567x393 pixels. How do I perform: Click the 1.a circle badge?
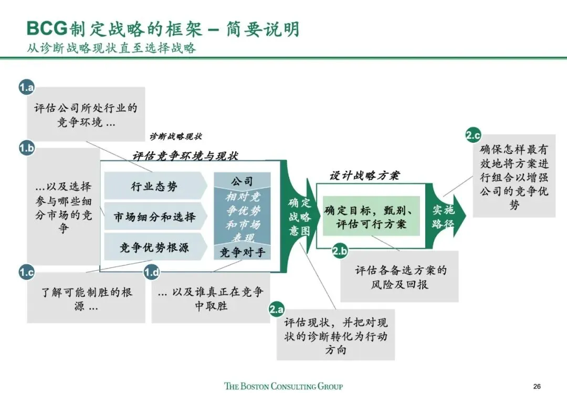pos(26,87)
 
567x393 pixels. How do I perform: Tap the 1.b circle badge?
pos(26,149)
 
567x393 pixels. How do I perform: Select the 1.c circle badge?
pos(26,272)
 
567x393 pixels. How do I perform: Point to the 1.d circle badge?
pos(152,272)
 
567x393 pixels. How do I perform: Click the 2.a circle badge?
pos(277,309)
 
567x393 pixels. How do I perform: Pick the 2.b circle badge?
pos(340,251)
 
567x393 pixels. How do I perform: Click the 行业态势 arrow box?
pos(154,186)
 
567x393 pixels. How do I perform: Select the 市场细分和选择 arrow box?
pos(154,216)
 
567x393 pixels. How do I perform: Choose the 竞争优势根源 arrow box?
pos(154,247)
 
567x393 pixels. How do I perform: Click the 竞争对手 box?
pos(242,253)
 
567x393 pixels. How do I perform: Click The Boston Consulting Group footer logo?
pos(283,386)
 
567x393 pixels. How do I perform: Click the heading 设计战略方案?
pos(364,175)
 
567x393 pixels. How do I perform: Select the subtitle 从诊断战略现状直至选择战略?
pos(111,48)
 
